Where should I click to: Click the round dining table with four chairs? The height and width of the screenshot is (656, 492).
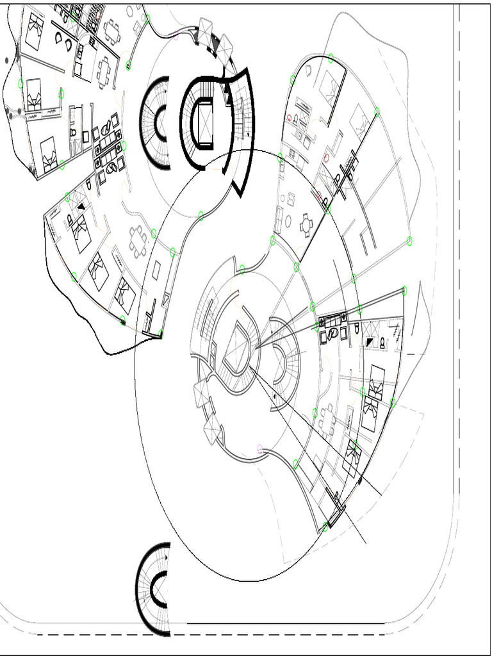click(x=306, y=225)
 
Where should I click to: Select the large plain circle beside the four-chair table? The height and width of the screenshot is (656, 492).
click(x=288, y=222)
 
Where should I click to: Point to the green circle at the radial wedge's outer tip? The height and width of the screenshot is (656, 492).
click(x=404, y=290)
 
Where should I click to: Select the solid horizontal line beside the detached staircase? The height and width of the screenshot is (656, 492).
click(x=285, y=623)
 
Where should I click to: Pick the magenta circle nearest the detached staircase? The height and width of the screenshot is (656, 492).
click(x=260, y=448)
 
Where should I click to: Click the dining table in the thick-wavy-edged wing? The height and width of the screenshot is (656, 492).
click(x=137, y=240)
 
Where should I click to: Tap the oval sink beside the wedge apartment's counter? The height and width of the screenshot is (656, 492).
click(x=332, y=334)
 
